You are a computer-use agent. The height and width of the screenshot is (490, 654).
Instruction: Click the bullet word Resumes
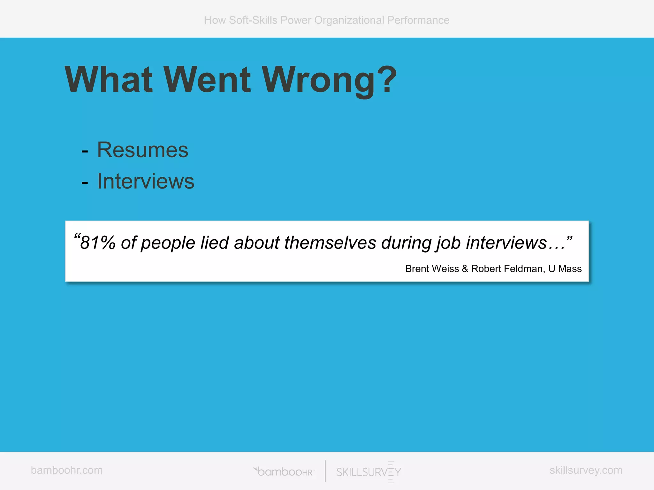[x=142, y=150]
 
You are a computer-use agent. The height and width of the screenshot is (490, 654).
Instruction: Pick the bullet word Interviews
[x=146, y=181]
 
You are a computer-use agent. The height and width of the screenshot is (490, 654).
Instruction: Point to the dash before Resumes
[x=85, y=151]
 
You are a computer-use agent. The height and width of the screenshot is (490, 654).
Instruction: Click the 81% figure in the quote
[x=97, y=243]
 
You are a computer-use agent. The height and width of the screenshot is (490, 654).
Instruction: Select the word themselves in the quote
[x=330, y=243]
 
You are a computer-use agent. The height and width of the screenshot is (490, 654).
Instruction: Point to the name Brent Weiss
[x=432, y=269]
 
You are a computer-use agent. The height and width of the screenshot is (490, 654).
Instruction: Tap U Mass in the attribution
[x=565, y=269]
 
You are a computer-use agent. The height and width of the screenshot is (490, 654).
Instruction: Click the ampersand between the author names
[x=465, y=269]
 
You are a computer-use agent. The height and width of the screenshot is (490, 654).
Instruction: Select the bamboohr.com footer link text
[x=67, y=470]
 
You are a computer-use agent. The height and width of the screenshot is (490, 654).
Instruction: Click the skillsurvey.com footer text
[x=586, y=470]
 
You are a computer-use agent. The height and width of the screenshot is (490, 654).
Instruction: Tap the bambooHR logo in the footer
[x=284, y=471]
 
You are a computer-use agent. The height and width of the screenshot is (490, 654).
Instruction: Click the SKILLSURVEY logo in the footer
[x=369, y=472]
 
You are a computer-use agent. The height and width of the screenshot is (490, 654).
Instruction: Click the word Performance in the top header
[x=418, y=20]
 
